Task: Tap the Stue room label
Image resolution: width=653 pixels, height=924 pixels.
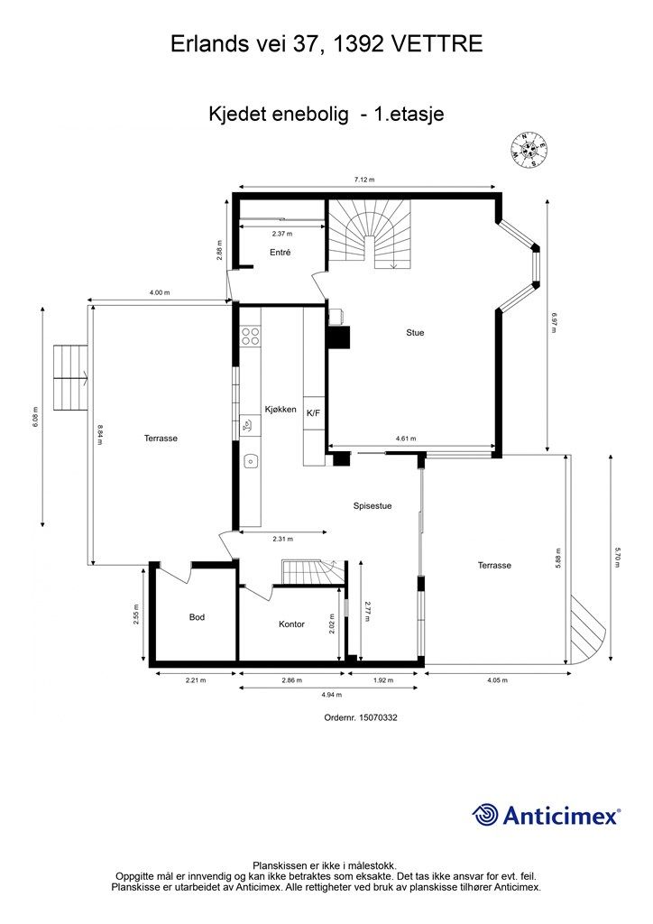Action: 415,332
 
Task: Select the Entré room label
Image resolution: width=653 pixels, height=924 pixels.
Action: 281,253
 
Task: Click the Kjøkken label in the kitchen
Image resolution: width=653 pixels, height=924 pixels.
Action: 281,409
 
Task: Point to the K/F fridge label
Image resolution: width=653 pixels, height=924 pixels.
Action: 313,413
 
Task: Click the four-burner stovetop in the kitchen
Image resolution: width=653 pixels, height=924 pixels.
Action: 250,336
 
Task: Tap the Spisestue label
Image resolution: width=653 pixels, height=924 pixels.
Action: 372,505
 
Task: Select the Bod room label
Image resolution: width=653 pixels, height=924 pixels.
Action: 197,617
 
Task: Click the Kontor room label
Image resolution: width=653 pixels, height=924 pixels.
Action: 291,624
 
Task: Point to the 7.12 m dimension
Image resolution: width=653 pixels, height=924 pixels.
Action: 363,180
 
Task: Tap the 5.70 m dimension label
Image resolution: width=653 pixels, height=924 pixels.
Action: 618,558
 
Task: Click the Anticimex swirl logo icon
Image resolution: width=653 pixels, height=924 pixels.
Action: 484,815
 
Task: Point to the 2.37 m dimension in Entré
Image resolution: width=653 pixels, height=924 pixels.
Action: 281,234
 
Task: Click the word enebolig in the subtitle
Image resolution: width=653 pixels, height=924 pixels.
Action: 309,114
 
